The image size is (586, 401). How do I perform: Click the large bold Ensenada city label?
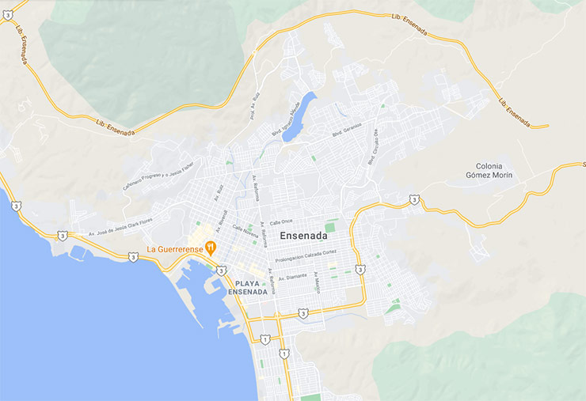[x=304, y=235]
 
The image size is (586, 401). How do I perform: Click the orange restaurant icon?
[x=211, y=248]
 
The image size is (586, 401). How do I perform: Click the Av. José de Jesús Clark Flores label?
[x=119, y=227]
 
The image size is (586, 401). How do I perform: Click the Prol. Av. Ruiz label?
[x=253, y=104]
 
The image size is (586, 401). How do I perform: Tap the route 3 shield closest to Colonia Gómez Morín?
[x=414, y=199]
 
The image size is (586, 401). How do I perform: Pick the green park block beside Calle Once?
[x=330, y=226]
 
